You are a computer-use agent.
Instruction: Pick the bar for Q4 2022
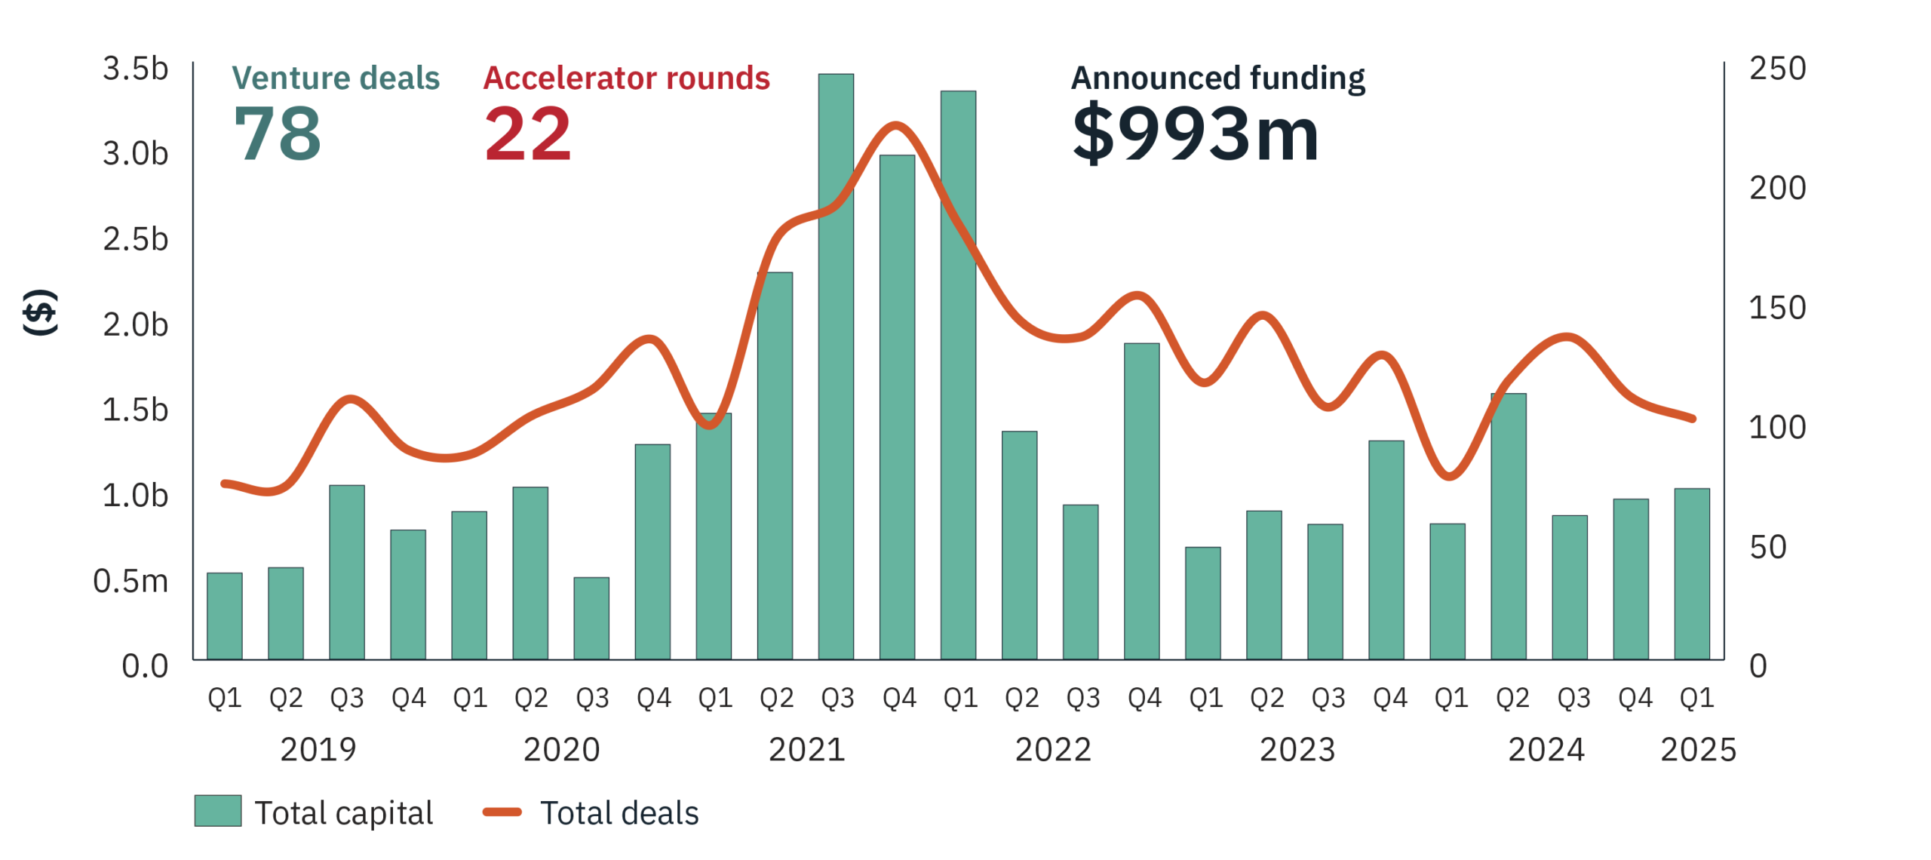1140,501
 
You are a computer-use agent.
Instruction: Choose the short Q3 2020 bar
591,618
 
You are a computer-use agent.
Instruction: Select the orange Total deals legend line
502,812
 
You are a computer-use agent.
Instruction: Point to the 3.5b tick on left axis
136,69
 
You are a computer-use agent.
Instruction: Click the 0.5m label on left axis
130,581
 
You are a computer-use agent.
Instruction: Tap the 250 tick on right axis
1777,69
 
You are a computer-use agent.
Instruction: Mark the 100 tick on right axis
1777,428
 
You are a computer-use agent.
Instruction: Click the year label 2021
806,749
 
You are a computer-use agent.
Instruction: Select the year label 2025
1698,749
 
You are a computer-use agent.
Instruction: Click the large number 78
278,134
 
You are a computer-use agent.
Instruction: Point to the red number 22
527,134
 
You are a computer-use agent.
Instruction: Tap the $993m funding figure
1195,134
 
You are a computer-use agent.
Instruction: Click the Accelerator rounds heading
626,78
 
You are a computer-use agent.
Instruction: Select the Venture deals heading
336,78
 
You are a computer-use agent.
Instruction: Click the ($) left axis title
39,312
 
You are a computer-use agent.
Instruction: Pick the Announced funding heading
1217,78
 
